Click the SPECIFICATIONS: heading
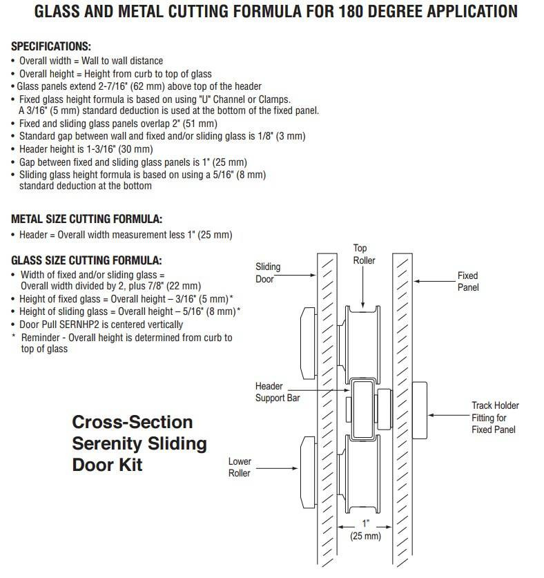(51, 46)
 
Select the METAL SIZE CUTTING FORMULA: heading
(86, 219)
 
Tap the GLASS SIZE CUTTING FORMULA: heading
(86, 260)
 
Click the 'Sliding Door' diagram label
(268, 273)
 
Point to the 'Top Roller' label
(364, 254)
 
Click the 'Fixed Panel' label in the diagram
(468, 281)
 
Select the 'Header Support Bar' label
(278, 392)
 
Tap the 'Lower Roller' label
(240, 467)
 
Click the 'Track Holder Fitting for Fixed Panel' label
(495, 417)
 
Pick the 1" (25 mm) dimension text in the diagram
(365, 530)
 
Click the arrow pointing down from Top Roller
(362, 287)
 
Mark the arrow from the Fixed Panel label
(435, 281)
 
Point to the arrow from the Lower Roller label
(277, 468)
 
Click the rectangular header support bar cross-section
(363, 409)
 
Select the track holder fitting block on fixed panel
(420, 410)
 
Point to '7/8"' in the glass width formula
(157, 286)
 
